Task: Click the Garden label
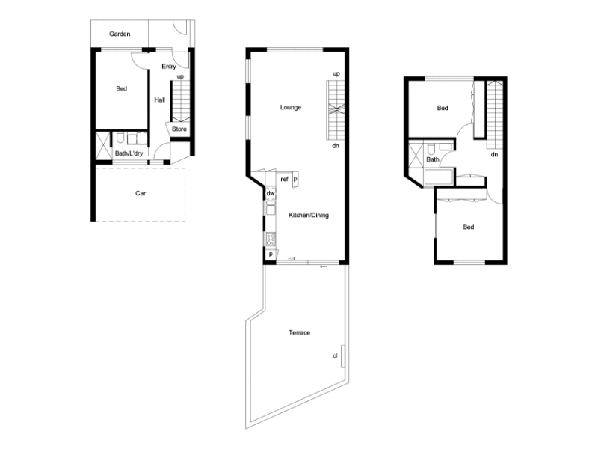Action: tap(120, 34)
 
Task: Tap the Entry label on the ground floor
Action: tap(169, 67)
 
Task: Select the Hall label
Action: tap(160, 100)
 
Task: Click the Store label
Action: tap(179, 129)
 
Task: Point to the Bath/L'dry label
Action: tap(129, 153)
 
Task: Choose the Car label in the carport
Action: tap(141, 193)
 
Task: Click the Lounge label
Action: tap(291, 107)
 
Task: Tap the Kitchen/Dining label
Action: tap(309, 216)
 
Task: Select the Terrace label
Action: tap(300, 332)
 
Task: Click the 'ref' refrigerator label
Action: tap(285, 180)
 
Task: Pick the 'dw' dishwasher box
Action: tap(271, 193)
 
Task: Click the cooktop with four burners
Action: tap(271, 239)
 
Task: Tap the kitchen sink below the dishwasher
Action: tap(271, 208)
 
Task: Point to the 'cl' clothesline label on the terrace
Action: tap(335, 356)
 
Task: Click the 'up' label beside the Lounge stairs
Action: tap(336, 73)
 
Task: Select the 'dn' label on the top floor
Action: tap(494, 155)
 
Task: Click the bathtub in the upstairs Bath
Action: tap(439, 177)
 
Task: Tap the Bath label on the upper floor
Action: tap(433, 159)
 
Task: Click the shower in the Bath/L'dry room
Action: tap(102, 145)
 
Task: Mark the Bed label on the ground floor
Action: tap(122, 88)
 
